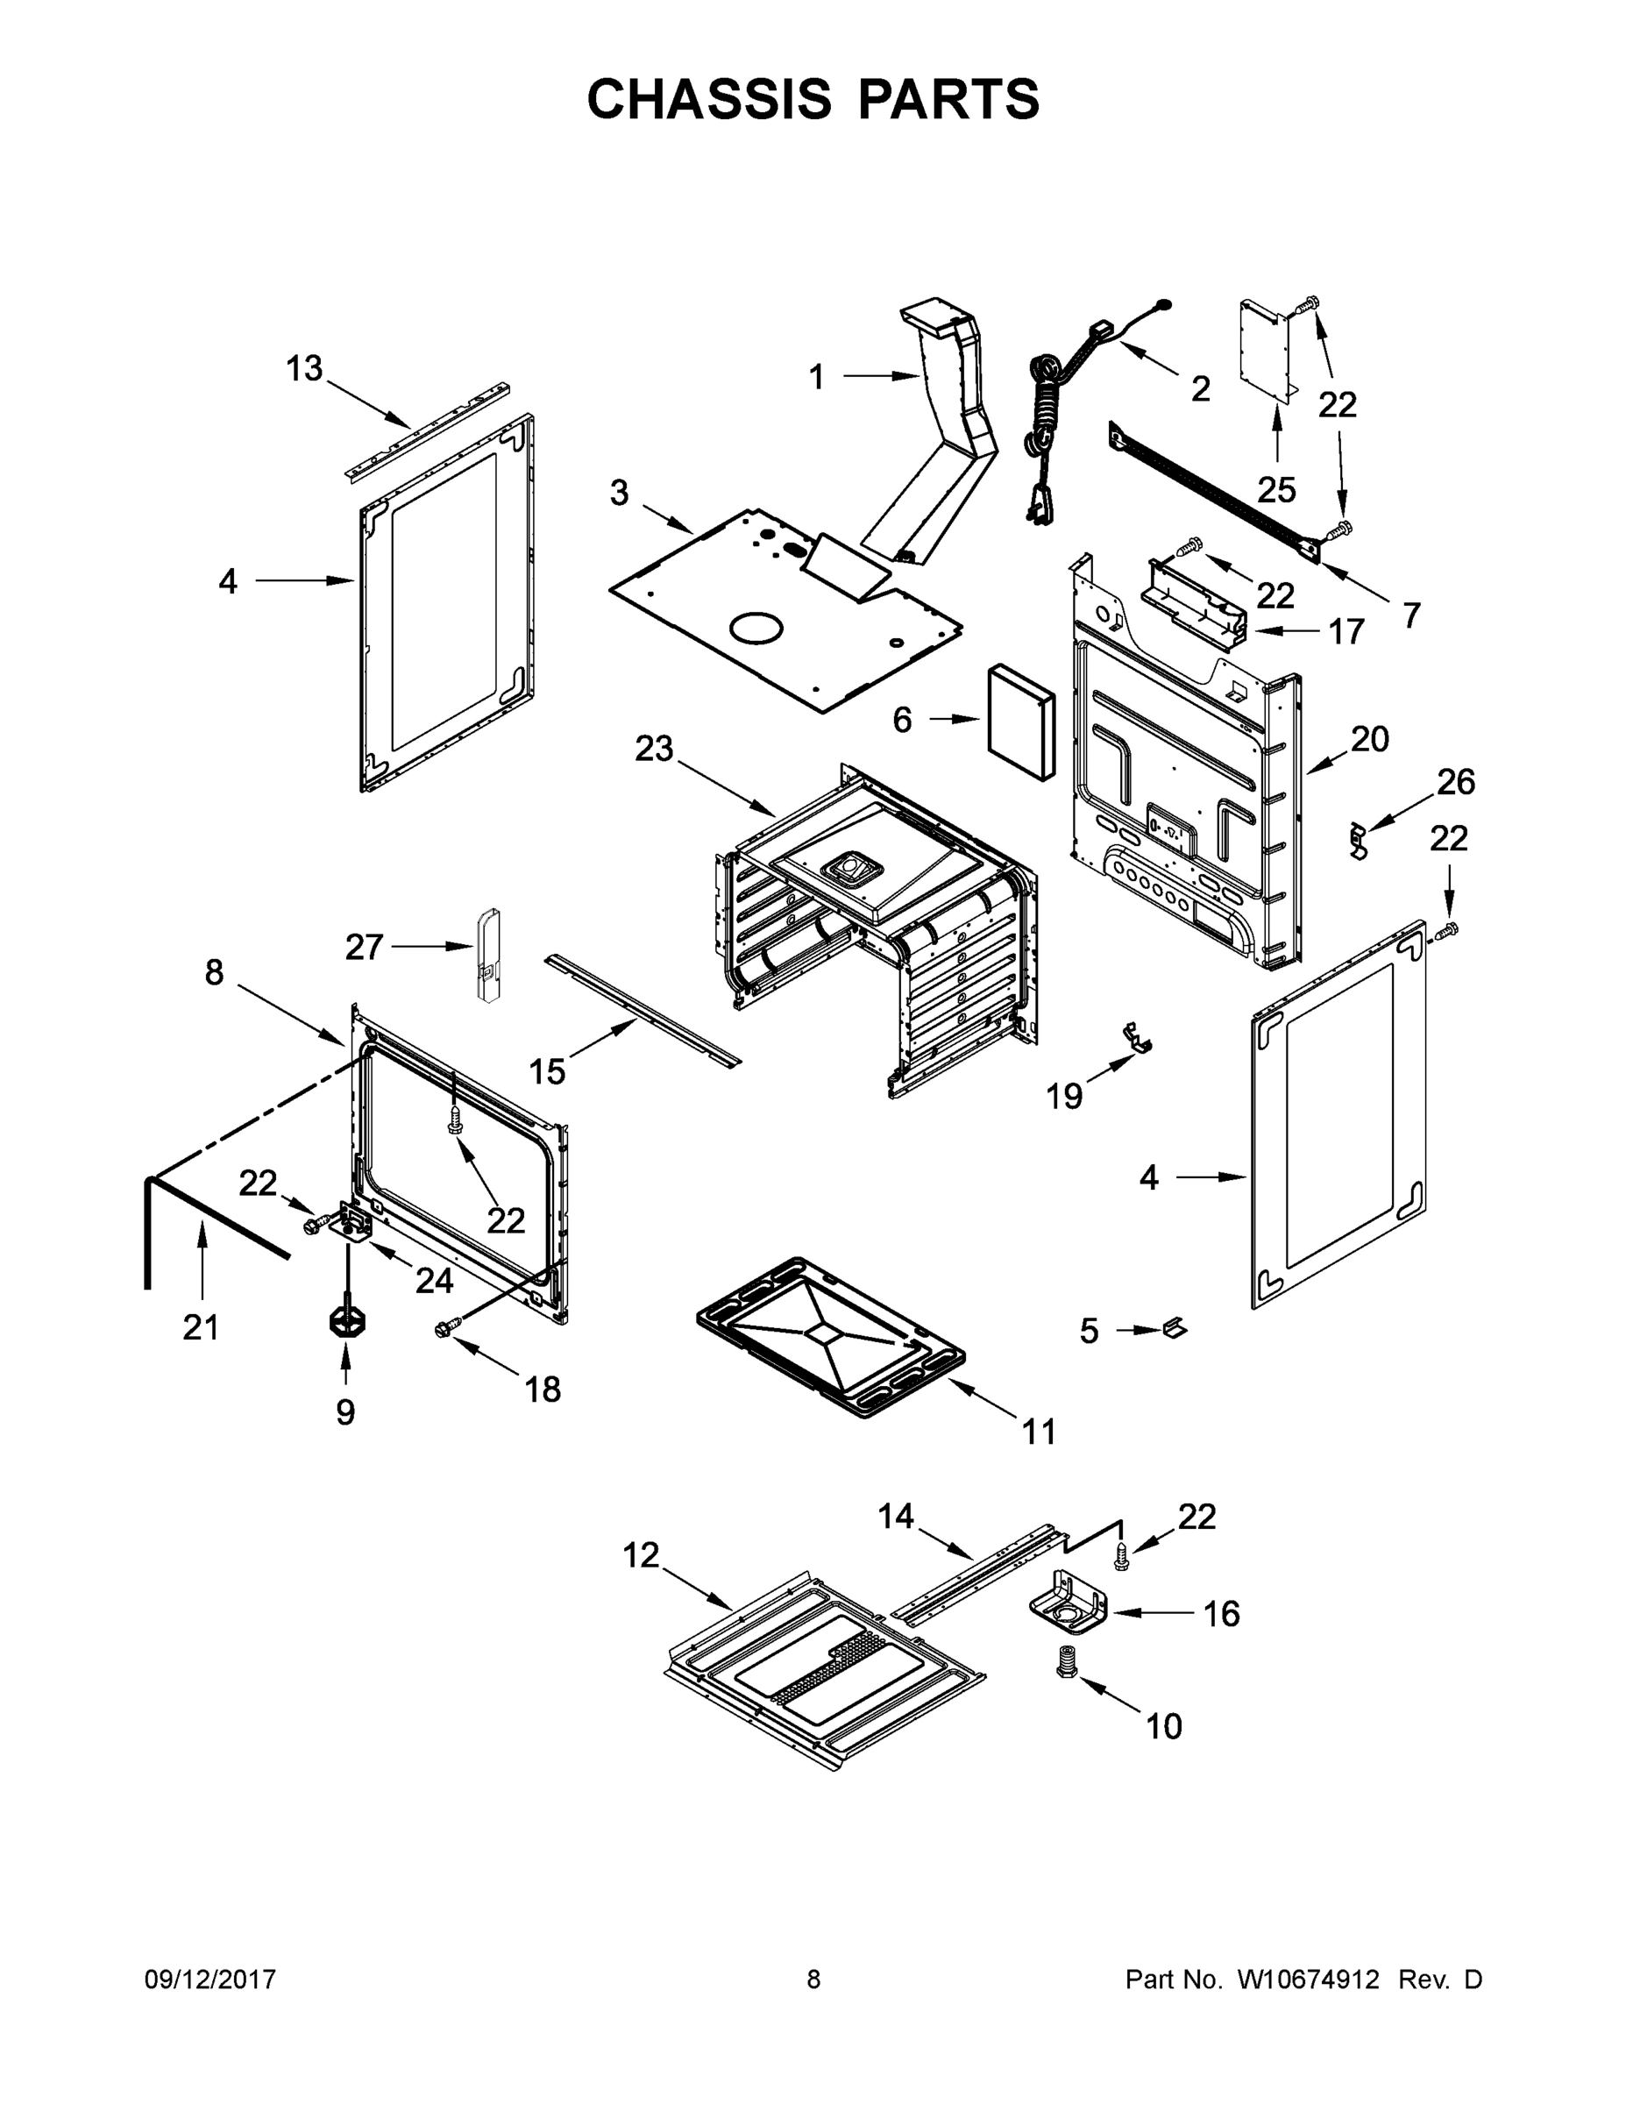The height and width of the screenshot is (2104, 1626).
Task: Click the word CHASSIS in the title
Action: (x=709, y=99)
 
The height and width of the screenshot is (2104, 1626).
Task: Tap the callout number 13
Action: (x=304, y=368)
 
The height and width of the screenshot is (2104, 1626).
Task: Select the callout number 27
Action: (x=364, y=948)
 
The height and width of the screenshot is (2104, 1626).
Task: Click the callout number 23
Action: (x=654, y=749)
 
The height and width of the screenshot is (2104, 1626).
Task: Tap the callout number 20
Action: (x=1370, y=739)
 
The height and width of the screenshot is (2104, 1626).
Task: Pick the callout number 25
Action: (x=1277, y=489)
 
